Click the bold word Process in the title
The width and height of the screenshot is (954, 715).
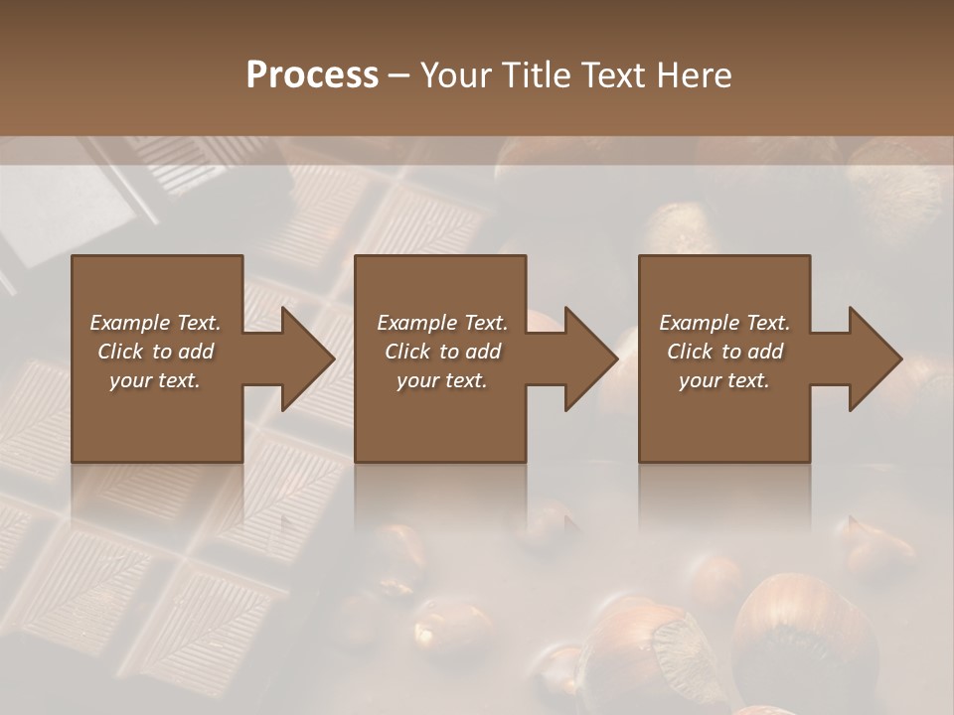click(x=312, y=75)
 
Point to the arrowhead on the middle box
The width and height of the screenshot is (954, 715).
click(x=589, y=358)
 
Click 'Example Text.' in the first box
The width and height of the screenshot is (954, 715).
click(x=155, y=323)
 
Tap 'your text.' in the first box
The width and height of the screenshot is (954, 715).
click(x=155, y=380)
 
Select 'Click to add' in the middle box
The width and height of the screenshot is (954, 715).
click(x=442, y=352)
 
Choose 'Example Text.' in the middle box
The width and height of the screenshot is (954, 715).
click(x=442, y=323)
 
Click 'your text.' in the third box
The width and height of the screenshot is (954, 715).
click(x=724, y=380)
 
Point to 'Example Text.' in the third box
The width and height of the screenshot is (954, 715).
click(x=724, y=323)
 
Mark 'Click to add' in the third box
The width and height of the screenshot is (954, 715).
click(x=724, y=352)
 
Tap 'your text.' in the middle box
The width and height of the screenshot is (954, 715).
click(x=442, y=380)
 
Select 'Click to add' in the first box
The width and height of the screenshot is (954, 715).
click(x=155, y=352)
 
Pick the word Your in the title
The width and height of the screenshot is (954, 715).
click(x=454, y=75)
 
